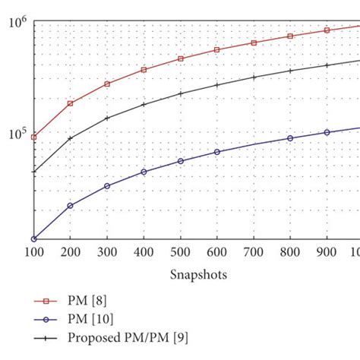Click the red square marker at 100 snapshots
[x=34, y=137]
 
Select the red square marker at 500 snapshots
[x=181, y=58]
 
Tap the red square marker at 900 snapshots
[x=327, y=30]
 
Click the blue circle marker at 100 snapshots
[x=34, y=239]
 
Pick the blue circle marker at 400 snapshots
[x=144, y=172]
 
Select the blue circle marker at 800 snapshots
[x=290, y=138]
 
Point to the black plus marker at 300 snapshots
[x=107, y=118]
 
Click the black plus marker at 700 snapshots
[x=254, y=77]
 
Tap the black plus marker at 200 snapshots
[x=71, y=138]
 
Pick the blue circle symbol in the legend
[x=45, y=321]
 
